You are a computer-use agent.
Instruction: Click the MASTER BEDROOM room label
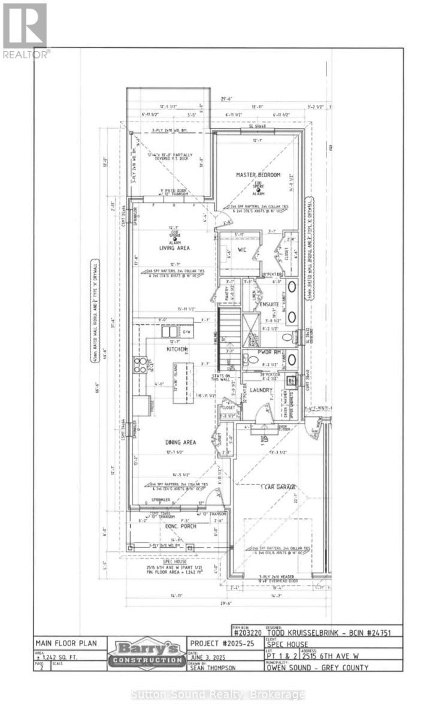click(x=258, y=174)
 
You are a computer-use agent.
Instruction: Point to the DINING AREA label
click(x=180, y=442)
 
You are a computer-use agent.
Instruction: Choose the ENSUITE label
click(x=269, y=304)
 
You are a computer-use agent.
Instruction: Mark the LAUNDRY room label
click(x=261, y=390)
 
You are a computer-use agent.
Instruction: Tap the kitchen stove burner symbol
click(x=140, y=365)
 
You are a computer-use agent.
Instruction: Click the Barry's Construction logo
click(x=147, y=656)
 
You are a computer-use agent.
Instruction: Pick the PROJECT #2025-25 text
click(x=217, y=642)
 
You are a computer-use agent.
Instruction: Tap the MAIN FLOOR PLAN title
click(x=62, y=642)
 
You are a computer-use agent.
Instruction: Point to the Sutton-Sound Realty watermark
click(x=218, y=694)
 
